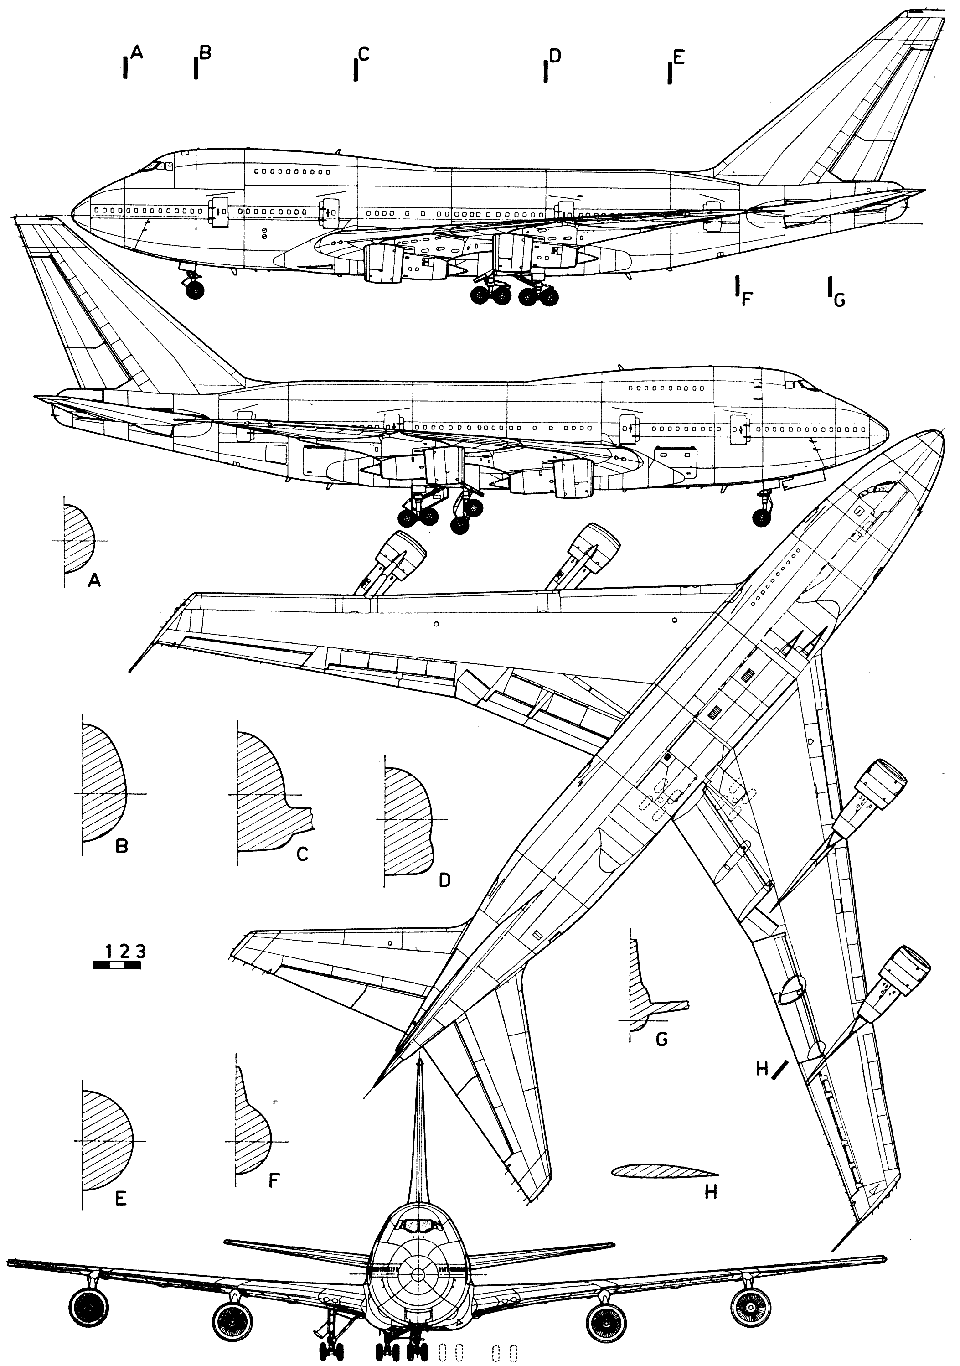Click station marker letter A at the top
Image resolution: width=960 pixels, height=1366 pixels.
pos(136,53)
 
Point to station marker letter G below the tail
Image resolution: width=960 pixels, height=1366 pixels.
pos(839,300)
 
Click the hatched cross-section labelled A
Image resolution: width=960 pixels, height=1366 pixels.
pos(77,539)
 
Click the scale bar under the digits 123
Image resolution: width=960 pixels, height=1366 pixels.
pos(117,965)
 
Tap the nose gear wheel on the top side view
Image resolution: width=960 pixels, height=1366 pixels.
pos(195,291)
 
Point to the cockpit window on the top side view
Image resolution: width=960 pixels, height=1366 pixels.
pos(156,166)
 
